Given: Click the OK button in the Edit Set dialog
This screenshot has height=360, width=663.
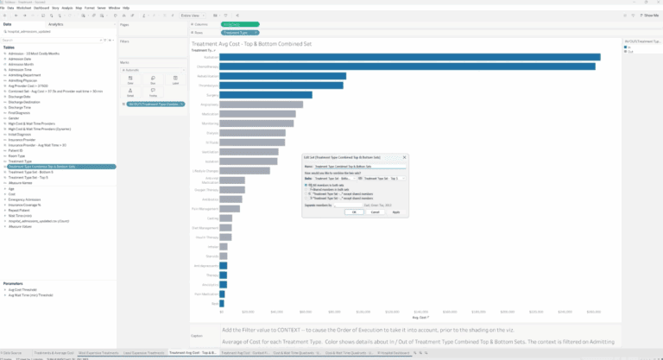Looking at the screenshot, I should pos(350,211).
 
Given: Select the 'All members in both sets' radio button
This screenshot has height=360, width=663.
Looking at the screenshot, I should pos(307,185).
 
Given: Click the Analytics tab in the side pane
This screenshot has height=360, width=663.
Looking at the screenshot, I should pos(55,24).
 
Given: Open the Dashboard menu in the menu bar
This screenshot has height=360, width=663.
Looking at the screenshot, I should pos(40,7).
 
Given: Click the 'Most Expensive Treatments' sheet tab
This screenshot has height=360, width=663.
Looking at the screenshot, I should pos(97,353).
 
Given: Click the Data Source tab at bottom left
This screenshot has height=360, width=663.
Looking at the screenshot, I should pos(12,353).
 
